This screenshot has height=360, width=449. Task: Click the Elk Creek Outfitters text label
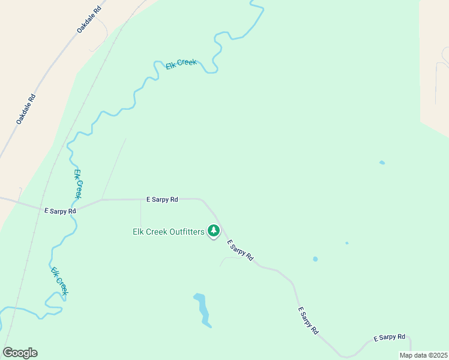coord(169,232)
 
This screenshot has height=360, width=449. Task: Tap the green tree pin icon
coord(213,230)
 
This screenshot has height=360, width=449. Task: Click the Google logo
coord(20,353)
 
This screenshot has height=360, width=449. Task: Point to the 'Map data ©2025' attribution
coord(423,355)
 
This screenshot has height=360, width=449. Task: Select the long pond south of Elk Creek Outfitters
coord(202,309)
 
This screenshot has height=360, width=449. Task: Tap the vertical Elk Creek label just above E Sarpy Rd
coord(77,184)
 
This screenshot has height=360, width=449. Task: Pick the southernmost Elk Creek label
coord(58,281)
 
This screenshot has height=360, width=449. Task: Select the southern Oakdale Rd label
coord(26,109)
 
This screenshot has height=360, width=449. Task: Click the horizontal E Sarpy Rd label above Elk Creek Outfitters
coord(162,199)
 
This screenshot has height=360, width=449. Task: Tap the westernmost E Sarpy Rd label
coord(60,211)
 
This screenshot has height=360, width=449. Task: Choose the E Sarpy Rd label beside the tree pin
coord(240,250)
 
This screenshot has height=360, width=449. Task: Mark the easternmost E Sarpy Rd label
coord(389,338)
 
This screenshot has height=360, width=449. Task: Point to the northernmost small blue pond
coord(382,162)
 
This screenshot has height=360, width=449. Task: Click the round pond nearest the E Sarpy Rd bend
coord(315,259)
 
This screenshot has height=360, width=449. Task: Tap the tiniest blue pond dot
coord(347,243)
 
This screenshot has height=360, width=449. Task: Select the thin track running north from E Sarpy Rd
coord(114,168)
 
